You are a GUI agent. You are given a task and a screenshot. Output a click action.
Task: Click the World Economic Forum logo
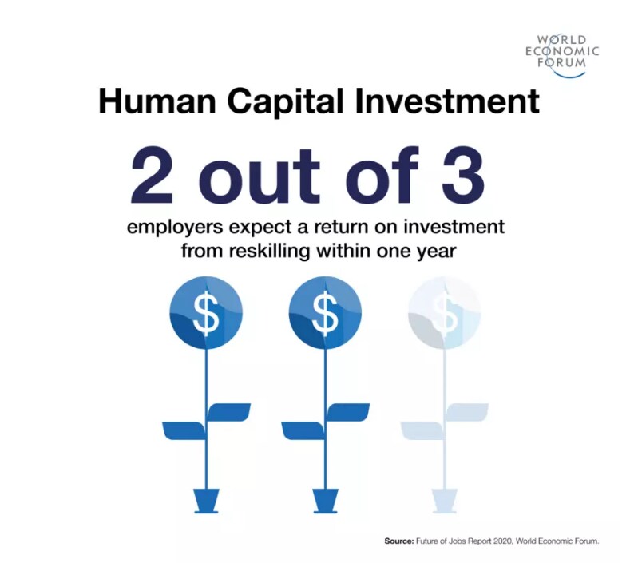tap(562, 54)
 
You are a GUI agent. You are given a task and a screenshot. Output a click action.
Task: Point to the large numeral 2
tap(152, 176)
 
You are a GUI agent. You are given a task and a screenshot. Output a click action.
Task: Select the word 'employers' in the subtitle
tap(175, 228)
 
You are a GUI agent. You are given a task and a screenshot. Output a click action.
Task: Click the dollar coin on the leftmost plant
tap(207, 312)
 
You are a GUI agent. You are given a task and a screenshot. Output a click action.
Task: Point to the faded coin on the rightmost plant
tap(444, 312)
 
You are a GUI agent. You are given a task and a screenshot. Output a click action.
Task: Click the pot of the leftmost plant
tap(207, 502)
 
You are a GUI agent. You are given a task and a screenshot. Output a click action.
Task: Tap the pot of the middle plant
tap(326, 502)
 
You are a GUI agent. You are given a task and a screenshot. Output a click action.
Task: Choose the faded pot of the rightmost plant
tap(445, 502)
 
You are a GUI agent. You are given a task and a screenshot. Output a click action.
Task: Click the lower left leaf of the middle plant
tap(303, 430)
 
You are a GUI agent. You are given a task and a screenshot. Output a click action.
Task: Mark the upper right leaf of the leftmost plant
tap(228, 411)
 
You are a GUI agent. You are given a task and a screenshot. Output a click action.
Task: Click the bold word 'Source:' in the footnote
tap(398, 541)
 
